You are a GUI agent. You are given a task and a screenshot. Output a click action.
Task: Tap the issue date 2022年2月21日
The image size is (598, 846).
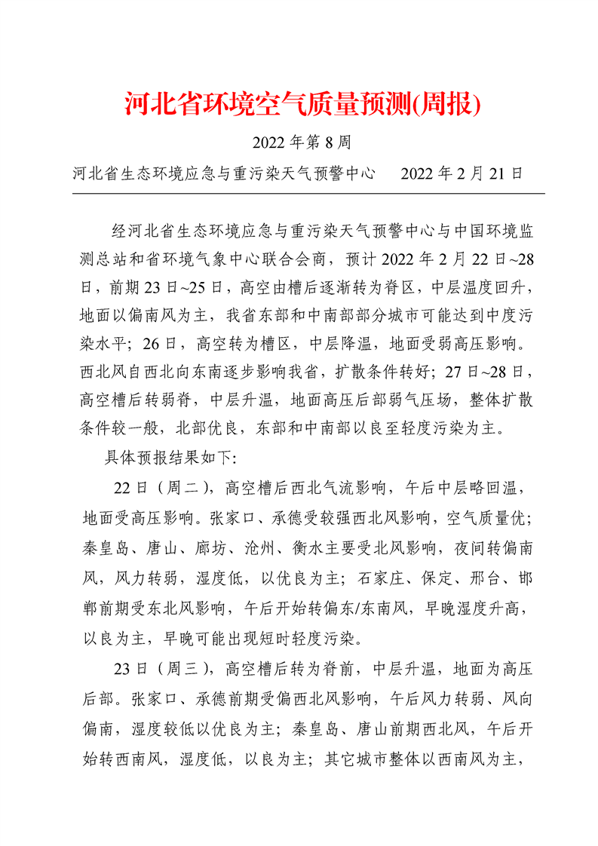(462, 173)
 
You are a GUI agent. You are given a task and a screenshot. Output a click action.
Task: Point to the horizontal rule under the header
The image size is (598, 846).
(308, 194)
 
